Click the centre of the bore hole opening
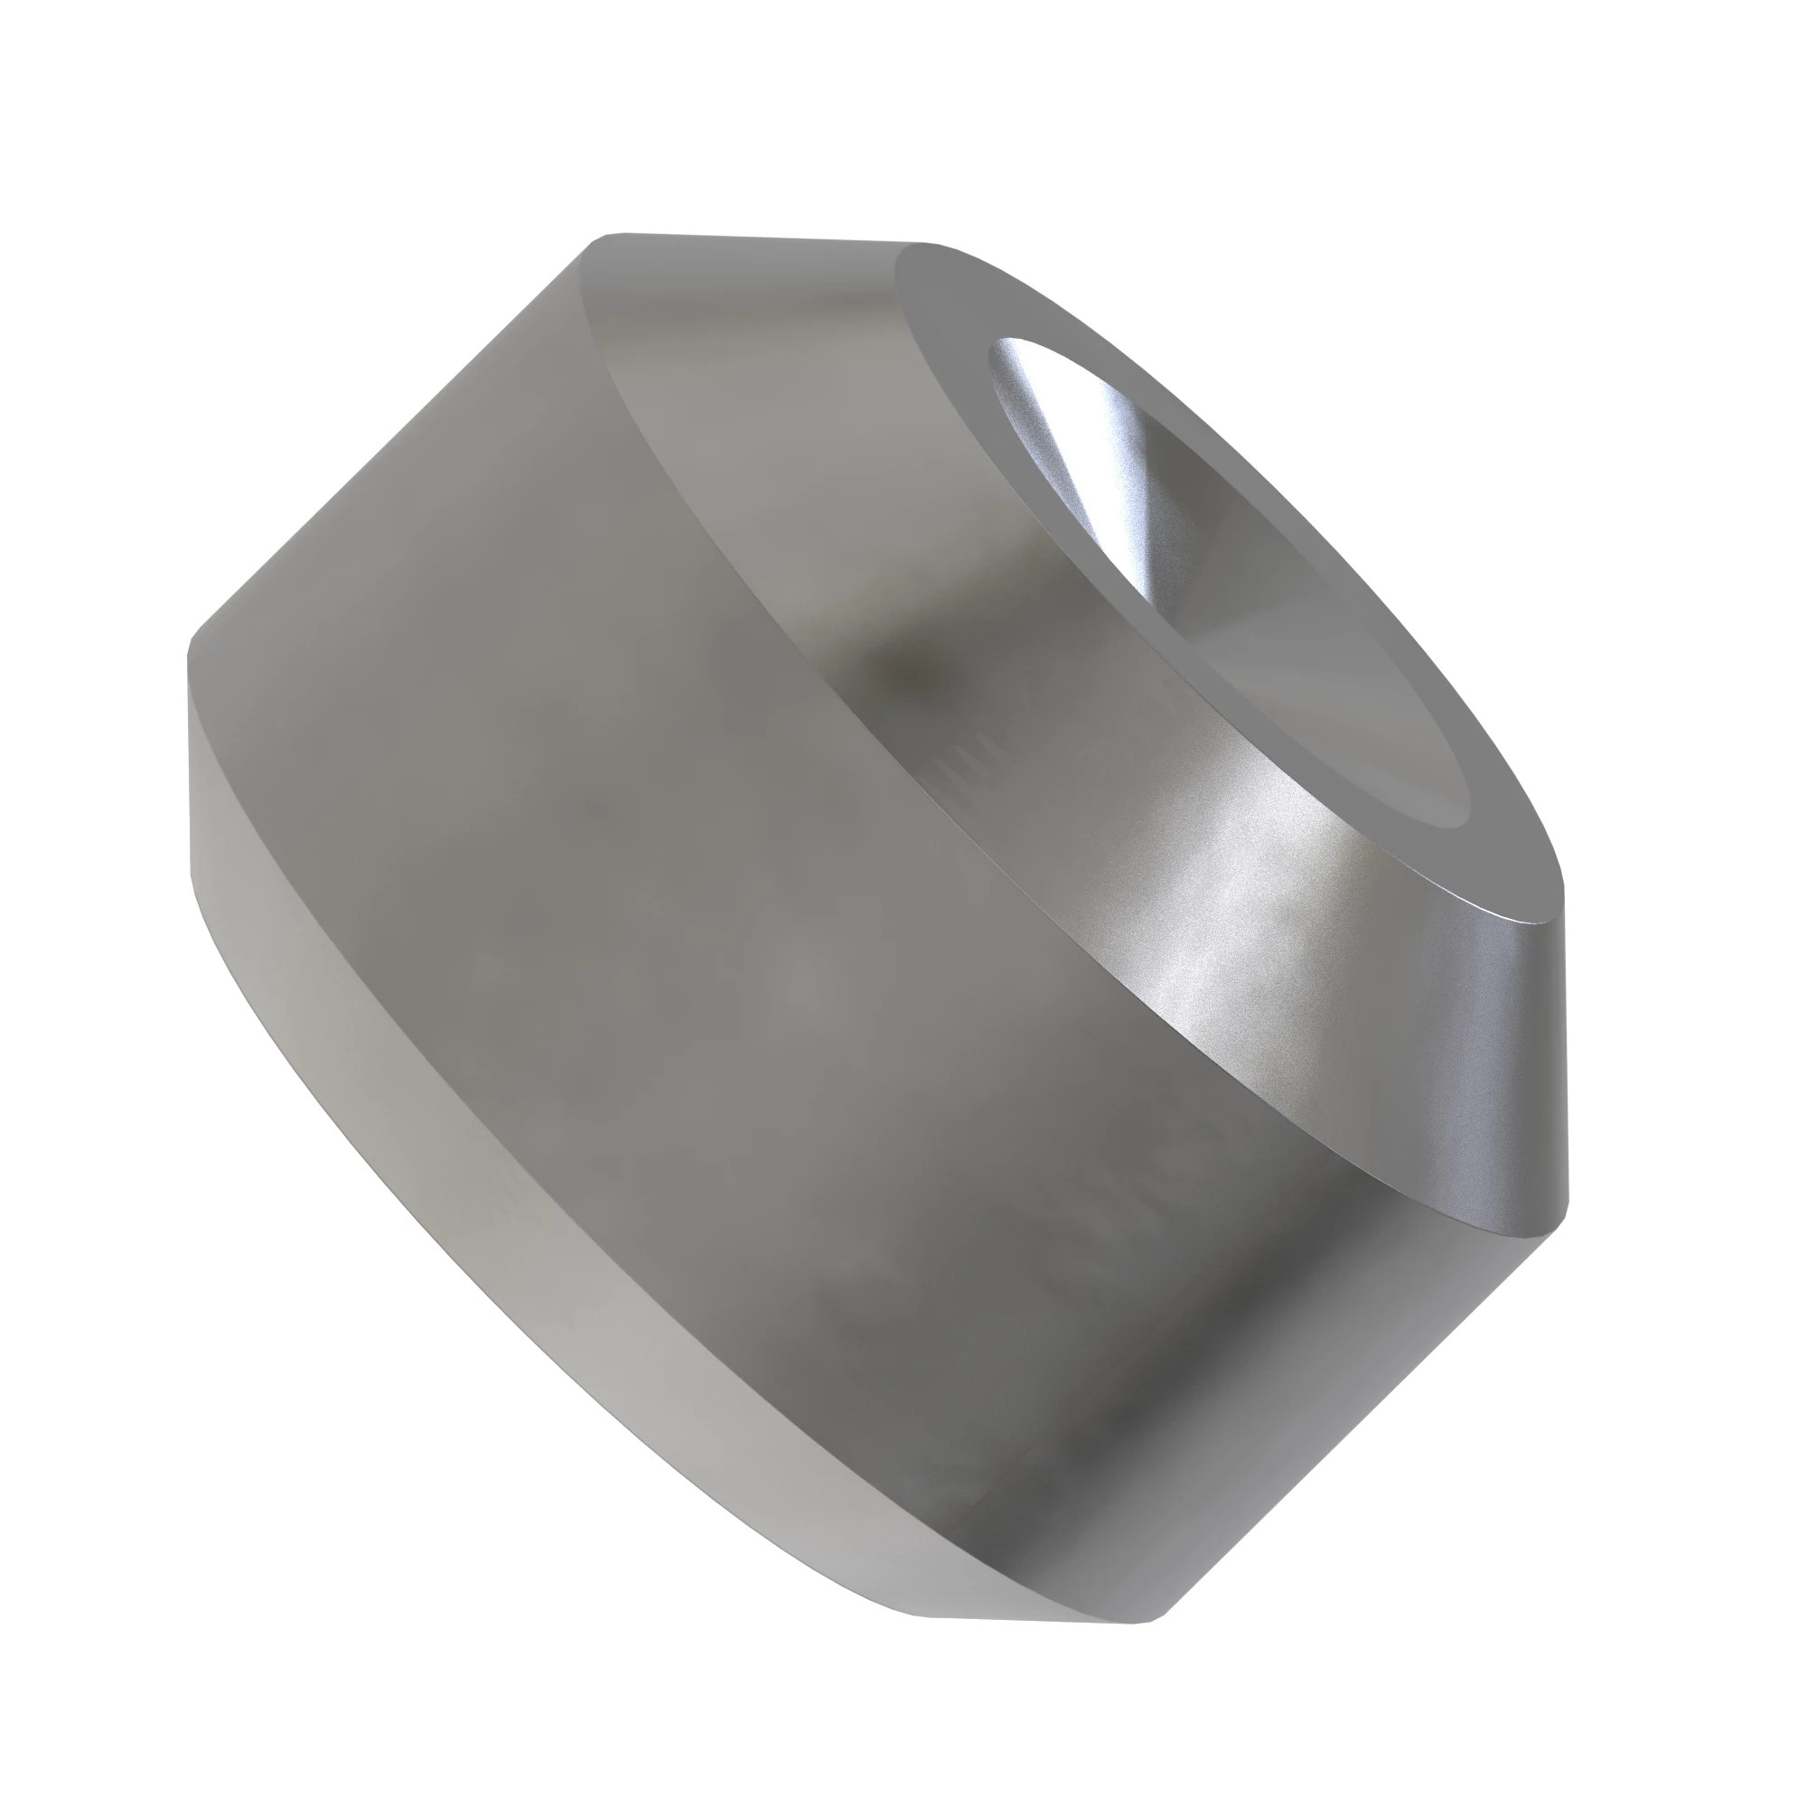coord(1225,580)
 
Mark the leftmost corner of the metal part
coord(189,655)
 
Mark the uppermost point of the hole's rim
coord(1019,339)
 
